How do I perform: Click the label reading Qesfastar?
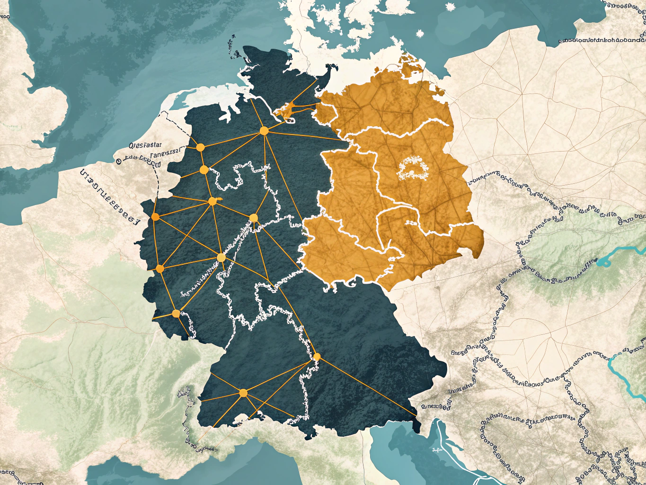[145, 145]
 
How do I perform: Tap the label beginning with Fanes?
[166, 153]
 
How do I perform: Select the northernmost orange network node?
[264, 131]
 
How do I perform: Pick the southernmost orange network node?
[243, 393]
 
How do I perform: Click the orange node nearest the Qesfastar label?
[200, 147]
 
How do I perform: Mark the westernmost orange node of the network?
[155, 217]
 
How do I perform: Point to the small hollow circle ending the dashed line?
[116, 161]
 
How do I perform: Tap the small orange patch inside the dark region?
[284, 111]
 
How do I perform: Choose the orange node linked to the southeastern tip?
[317, 357]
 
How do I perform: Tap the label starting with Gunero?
[436, 406]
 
